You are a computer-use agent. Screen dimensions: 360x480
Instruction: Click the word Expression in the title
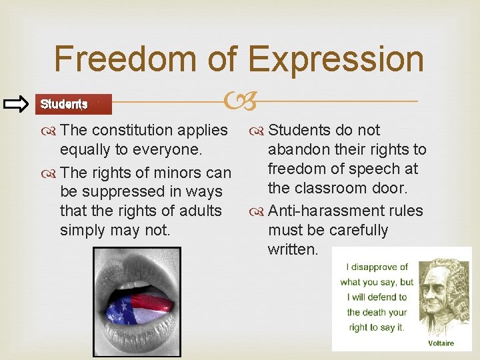pos(336,59)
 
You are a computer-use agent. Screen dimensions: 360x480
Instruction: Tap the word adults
pos(199,211)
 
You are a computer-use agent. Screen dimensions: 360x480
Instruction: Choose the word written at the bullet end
pos(291,249)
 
